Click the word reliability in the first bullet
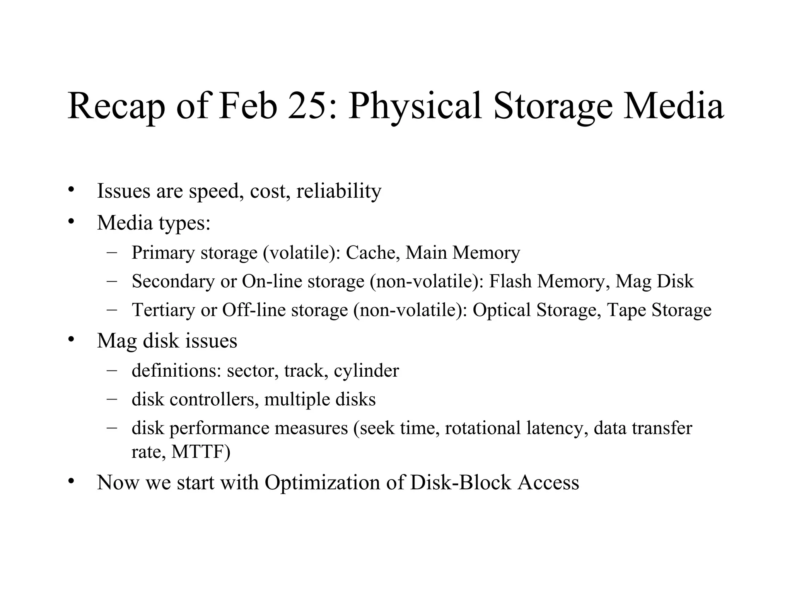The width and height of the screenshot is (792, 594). [339, 191]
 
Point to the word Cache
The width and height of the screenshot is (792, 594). [372, 253]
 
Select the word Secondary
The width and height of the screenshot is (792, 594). [173, 281]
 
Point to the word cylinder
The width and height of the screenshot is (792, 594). [366, 371]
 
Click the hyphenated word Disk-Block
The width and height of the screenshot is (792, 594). [461, 483]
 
